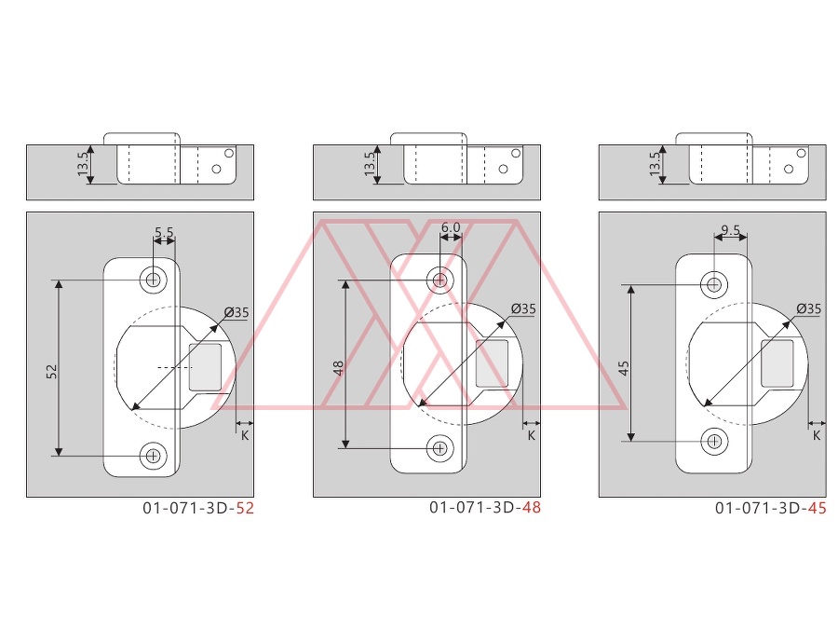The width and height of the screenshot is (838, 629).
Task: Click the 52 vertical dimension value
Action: point(52,371)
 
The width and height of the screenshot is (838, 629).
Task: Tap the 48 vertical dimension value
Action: point(338,368)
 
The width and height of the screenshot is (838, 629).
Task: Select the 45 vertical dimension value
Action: point(624,368)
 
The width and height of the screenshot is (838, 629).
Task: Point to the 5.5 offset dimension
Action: point(164,233)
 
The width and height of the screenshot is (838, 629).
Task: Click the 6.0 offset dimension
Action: point(451,227)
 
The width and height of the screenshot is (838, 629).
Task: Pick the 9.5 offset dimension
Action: point(731,230)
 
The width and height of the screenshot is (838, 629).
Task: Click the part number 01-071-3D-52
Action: point(198,508)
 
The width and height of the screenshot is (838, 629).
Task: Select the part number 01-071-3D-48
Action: point(485,507)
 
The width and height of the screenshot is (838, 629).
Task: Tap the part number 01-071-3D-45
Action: point(771,508)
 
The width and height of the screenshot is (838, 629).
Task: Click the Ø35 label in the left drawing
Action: point(237,312)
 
